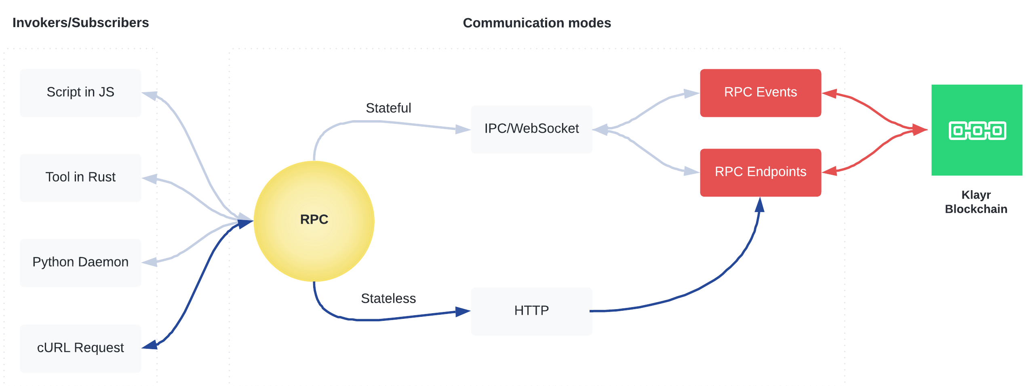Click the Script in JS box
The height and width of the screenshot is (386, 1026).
tap(80, 93)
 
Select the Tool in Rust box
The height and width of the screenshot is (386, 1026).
tap(80, 178)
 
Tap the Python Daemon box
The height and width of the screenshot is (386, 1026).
tap(80, 263)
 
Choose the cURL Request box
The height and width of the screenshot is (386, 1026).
tap(80, 348)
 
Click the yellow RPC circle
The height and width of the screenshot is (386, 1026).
tap(314, 221)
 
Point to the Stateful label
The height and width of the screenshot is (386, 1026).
tap(388, 108)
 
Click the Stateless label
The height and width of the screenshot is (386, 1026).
tap(388, 298)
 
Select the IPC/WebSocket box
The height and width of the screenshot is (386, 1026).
tap(531, 129)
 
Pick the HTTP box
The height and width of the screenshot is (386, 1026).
tap(531, 311)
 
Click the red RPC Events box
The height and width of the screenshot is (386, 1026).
tap(761, 93)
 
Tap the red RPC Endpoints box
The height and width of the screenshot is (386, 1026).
tap(761, 172)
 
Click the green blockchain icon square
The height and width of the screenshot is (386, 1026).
tap(977, 130)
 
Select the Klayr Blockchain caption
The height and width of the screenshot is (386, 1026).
tap(976, 202)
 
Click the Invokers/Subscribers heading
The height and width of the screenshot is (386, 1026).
tap(80, 23)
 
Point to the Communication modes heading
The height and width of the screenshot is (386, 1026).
tap(537, 23)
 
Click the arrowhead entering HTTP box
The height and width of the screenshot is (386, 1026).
tap(463, 312)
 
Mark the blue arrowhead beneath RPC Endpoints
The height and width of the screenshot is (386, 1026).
tap(760, 205)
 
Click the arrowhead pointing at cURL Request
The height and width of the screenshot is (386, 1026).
tap(150, 345)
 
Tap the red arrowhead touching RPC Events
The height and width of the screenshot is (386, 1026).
tap(829, 93)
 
